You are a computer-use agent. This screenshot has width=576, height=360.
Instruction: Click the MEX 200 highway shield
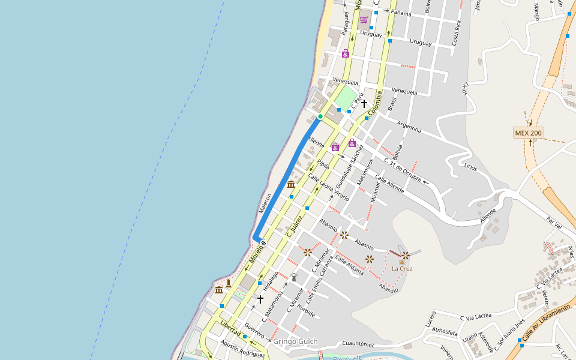528,133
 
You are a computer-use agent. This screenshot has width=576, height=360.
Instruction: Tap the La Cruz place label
402,268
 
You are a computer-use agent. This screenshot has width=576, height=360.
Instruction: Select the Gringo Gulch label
295,342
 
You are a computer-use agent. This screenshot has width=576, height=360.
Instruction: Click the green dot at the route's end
320,116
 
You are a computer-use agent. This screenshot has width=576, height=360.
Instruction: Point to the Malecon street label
265,203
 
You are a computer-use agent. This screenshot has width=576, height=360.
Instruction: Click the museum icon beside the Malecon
291,184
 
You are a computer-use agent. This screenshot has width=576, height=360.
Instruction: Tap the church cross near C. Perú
364,104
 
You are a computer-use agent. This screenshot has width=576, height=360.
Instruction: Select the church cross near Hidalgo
260,298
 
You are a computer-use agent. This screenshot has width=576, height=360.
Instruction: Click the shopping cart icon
364,20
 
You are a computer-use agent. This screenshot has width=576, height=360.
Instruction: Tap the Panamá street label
401,13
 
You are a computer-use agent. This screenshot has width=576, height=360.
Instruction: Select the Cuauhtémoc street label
358,344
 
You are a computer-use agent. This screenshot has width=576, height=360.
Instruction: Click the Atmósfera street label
445,331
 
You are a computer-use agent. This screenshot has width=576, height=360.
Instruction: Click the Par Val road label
553,222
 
